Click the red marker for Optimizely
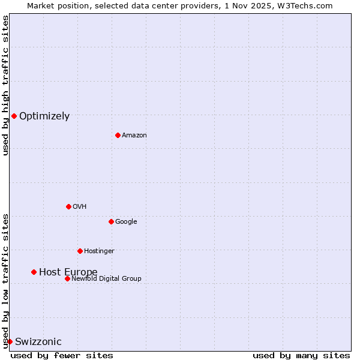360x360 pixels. [x=14, y=116]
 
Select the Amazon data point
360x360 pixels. [x=118, y=135]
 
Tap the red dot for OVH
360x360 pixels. [x=68, y=206]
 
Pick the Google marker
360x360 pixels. [x=111, y=221]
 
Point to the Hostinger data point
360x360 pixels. [x=80, y=251]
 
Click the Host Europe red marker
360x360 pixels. [x=34, y=272]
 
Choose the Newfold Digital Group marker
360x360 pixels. [x=67, y=278]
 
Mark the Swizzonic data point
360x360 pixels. [x=10, y=341]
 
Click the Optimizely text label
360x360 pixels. [x=44, y=116]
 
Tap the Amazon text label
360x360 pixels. [x=134, y=136]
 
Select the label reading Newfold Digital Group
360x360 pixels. [x=107, y=278]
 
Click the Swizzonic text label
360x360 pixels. [x=38, y=342]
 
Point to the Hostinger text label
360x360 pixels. [x=99, y=251]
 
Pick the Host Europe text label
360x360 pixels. [x=68, y=272]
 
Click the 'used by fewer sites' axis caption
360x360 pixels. [x=62, y=355]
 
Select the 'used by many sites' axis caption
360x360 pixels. [x=301, y=355]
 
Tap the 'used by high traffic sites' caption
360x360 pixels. [x=5, y=85]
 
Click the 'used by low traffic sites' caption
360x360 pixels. [x=5, y=281]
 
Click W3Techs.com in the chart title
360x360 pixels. [x=311, y=5]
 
